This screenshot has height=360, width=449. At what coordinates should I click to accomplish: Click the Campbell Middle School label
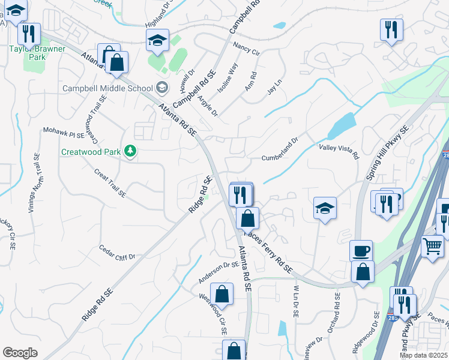click(108, 88)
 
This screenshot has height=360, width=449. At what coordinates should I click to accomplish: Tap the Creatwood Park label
click(90, 152)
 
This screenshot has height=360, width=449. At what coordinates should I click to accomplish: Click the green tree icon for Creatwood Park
click(130, 151)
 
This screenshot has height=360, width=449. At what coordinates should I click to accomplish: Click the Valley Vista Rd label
click(339, 151)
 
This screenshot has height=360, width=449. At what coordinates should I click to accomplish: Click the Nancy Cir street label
click(246, 49)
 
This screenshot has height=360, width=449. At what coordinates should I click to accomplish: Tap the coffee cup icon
click(361, 250)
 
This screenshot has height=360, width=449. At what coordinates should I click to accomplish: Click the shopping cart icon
click(432, 244)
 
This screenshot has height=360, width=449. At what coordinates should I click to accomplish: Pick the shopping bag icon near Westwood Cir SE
click(222, 293)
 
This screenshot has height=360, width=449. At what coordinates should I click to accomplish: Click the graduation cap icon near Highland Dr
click(157, 40)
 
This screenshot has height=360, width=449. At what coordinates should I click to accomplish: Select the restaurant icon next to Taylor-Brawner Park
click(29, 33)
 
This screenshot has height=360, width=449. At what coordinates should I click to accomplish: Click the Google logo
click(20, 353)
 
